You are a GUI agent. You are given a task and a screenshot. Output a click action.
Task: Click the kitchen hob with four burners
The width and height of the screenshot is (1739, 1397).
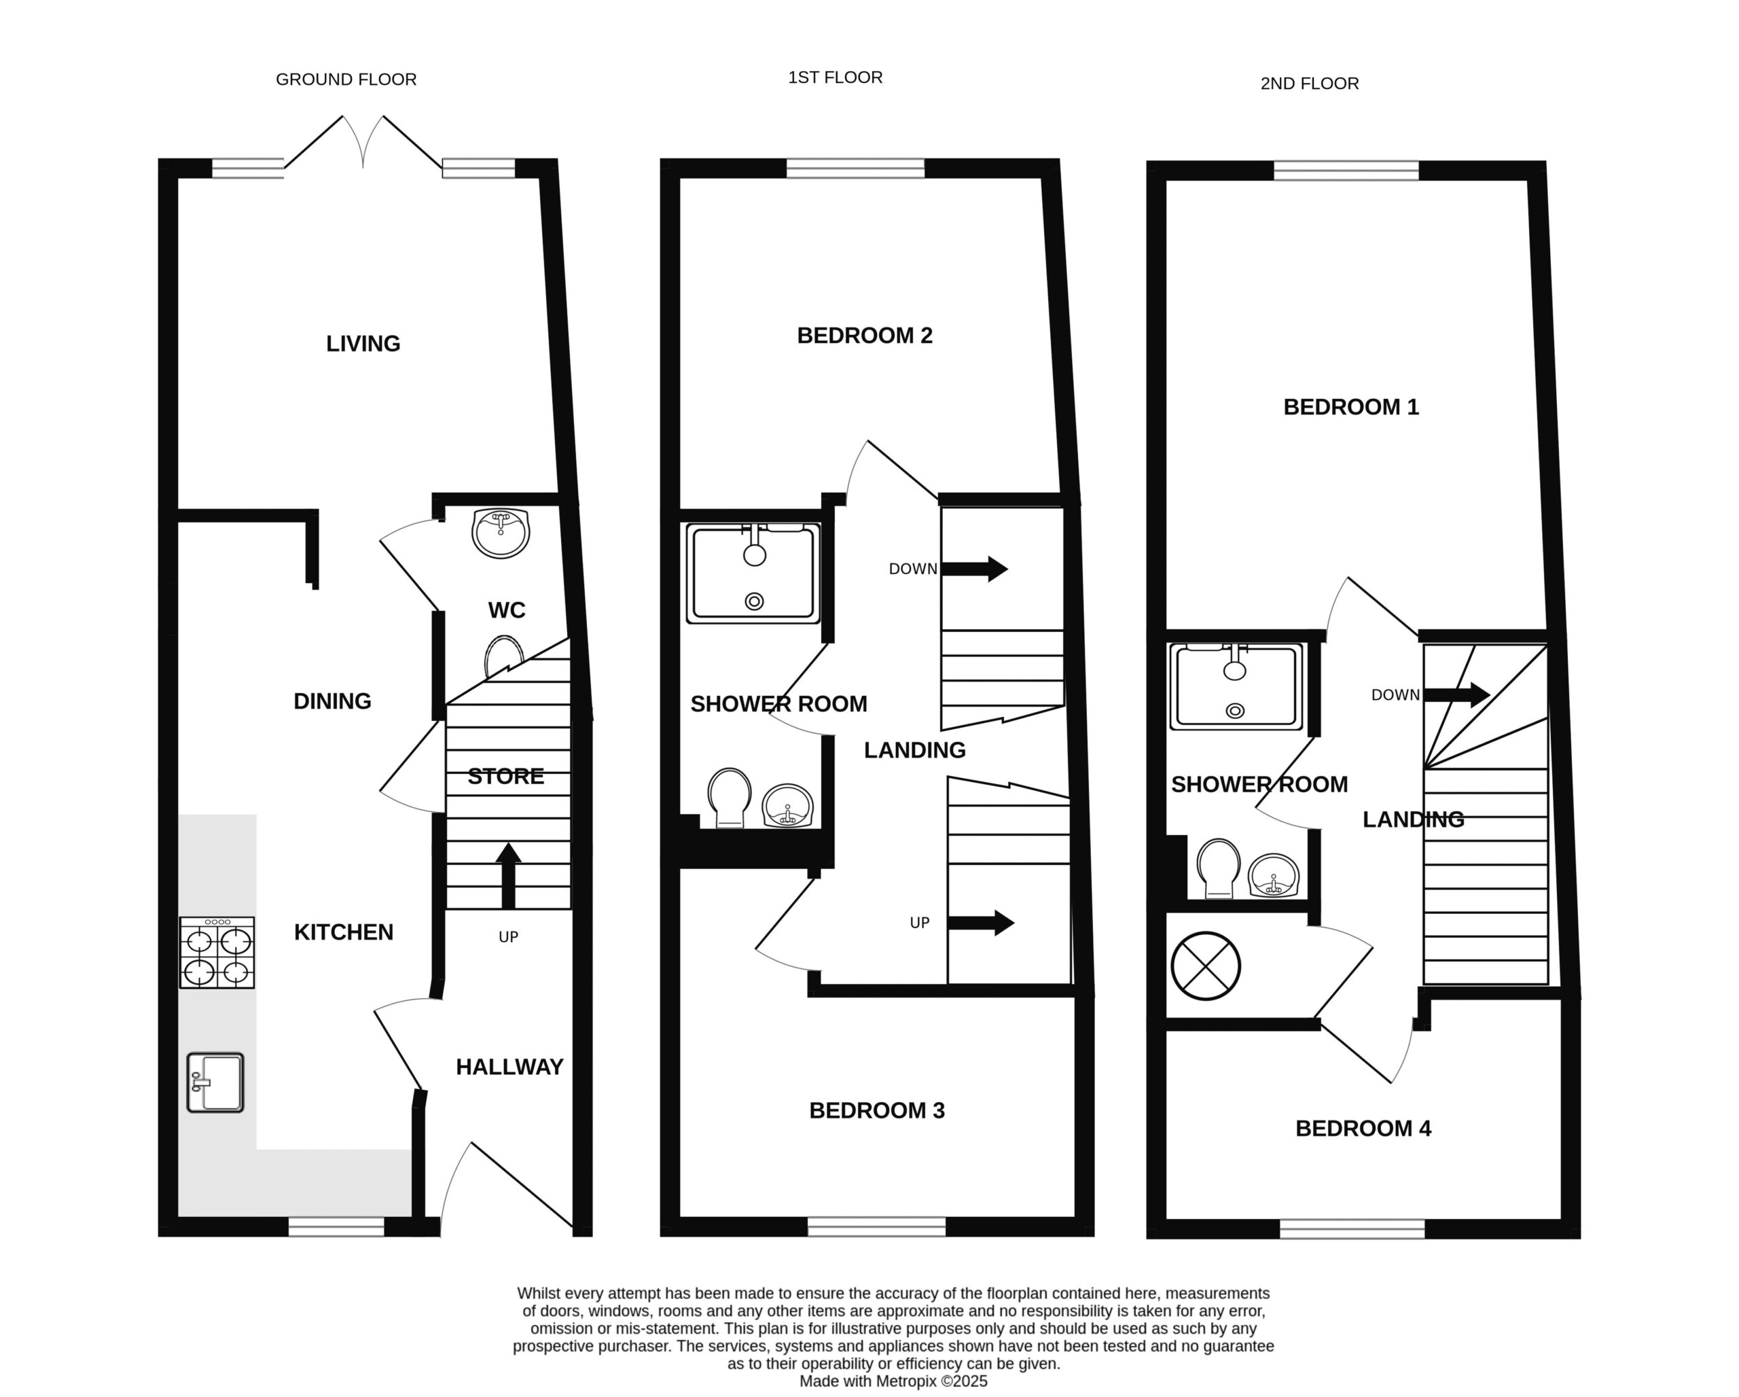217,953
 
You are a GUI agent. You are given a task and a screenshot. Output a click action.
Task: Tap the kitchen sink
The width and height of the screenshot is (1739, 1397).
215,1083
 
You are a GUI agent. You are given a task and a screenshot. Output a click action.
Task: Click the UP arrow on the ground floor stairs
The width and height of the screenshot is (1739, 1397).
507,876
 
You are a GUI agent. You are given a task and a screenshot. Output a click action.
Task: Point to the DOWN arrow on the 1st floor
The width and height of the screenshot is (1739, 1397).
974,569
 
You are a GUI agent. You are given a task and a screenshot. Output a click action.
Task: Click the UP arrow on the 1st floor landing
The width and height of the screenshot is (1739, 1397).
981,923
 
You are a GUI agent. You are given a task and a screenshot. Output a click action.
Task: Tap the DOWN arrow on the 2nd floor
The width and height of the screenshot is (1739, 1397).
1456,694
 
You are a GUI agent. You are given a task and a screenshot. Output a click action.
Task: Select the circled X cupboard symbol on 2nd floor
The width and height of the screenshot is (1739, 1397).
1206,966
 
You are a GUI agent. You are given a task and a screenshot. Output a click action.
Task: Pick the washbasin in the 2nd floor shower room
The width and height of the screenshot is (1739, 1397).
1274,876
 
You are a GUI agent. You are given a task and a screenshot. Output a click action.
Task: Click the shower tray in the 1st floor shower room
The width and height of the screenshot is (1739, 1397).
753,573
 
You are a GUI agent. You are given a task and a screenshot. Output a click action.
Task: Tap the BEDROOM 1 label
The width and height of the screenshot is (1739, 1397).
1351,406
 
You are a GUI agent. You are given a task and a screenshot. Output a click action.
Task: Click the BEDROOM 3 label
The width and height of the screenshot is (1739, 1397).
877,1111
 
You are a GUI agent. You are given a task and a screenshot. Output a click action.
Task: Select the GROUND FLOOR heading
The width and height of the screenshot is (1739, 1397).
346,79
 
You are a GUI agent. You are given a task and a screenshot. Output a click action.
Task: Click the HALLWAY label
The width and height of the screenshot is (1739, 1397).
509,1067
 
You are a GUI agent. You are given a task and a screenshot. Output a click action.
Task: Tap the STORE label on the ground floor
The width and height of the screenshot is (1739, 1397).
505,776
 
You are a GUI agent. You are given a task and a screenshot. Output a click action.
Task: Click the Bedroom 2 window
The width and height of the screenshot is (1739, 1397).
856,168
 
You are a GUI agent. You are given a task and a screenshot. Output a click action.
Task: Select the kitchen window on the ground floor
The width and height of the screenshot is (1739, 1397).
336,1227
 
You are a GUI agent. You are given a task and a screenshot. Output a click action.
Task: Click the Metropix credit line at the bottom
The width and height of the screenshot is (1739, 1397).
894,1381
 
